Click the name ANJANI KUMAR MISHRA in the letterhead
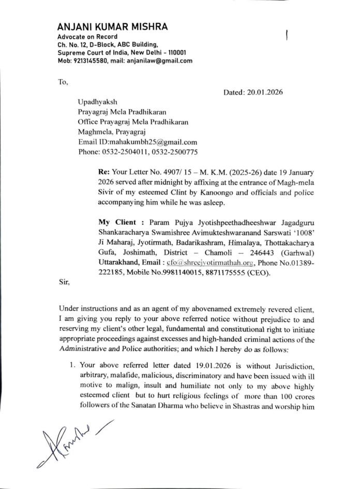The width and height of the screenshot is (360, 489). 112,27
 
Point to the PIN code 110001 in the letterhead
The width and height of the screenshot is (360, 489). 175,53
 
